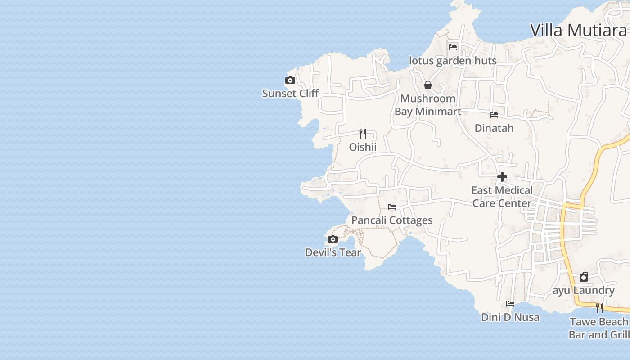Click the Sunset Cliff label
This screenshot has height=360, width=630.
coord(290,94)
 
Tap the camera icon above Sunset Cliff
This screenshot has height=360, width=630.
coord(290,81)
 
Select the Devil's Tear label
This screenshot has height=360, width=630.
coord(333,252)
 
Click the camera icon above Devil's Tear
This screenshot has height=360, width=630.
coord(333,239)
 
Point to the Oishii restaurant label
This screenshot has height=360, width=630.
coord(363,147)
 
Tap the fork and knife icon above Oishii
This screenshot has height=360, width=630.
coord(363,134)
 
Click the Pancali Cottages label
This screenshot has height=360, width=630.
coord(392,220)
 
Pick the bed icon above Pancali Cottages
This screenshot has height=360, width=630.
coord(392,207)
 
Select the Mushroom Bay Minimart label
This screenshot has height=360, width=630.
coord(428,105)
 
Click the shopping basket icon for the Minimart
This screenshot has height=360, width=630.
coord(428,85)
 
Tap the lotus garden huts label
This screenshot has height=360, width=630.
coord(453,61)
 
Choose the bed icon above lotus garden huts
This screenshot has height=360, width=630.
coord(453,47)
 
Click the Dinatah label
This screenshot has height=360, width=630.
coord(494,128)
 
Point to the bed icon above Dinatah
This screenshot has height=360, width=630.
coord(494,115)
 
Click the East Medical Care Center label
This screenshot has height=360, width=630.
coord(502,197)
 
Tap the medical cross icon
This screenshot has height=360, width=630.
coord(502,177)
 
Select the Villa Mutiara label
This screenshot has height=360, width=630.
coord(578,30)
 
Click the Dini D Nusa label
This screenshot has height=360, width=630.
coord(510,317)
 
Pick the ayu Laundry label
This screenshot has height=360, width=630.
coord(584,290)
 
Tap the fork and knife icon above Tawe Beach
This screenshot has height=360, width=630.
coord(599,308)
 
